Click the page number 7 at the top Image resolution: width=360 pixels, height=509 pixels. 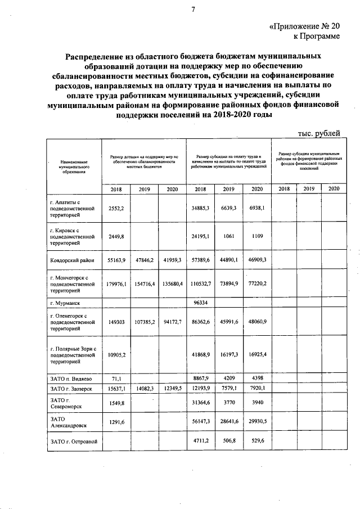pos(193,9)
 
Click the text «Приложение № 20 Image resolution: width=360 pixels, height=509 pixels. pos(304,26)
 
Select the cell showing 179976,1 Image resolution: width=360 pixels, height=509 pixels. pos(116,284)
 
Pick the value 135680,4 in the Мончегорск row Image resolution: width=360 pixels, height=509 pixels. pos(172,284)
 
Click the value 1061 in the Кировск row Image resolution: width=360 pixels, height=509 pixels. pos(228,236)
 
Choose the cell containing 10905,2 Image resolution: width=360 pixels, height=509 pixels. pos(116,355)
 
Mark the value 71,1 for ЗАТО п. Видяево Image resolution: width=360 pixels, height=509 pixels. pos(116,379)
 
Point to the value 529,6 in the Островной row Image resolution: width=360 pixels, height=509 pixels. pos(256,441)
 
